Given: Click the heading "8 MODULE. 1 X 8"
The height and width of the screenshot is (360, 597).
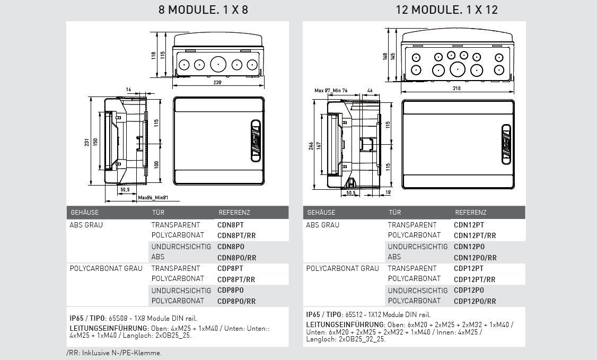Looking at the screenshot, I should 204,10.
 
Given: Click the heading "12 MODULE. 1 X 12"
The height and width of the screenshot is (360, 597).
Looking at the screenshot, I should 446,10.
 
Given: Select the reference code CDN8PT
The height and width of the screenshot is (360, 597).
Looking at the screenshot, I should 231,225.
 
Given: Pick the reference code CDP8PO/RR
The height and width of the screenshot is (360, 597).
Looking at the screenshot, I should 236,301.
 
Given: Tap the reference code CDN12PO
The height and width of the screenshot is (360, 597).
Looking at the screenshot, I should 469,247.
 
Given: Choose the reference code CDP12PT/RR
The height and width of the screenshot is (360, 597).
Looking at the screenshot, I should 475,279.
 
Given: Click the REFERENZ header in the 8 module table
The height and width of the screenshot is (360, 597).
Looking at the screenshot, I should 234,213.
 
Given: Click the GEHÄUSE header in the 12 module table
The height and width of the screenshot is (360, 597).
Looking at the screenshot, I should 321,213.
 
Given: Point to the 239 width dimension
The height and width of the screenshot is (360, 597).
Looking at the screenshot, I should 218,83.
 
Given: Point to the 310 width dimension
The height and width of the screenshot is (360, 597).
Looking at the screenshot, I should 456,89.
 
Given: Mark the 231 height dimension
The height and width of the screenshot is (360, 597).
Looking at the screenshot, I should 86,142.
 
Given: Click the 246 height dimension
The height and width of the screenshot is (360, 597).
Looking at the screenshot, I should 311,147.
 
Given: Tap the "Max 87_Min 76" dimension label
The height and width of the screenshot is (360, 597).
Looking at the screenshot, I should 330,91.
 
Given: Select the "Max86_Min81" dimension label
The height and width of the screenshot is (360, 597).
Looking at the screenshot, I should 153,198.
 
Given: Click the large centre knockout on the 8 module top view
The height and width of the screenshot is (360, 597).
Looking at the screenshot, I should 218,65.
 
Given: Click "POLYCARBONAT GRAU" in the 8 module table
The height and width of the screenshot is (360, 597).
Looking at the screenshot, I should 106,268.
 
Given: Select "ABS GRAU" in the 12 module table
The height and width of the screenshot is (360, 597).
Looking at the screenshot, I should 322,225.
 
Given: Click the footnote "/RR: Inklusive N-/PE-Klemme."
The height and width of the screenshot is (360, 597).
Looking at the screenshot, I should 114,353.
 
